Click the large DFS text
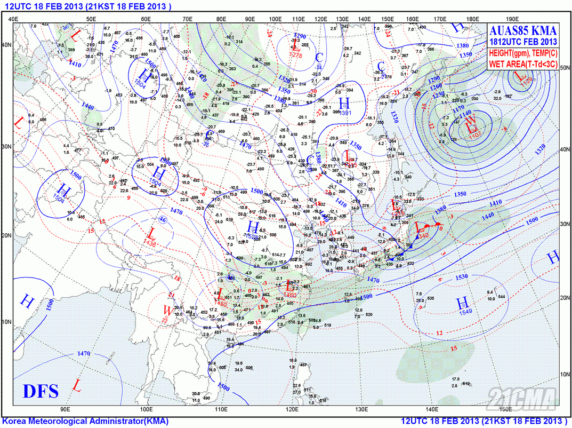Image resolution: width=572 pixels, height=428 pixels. [x=41, y=391]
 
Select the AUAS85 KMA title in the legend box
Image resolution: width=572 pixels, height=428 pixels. [x=523, y=30]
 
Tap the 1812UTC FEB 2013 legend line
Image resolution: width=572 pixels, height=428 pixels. [x=523, y=42]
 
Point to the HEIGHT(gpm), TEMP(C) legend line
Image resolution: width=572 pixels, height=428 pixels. [x=523, y=53]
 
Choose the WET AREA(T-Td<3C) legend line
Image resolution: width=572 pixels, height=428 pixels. [x=523, y=64]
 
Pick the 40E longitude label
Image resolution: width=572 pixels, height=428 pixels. [x=14, y=19]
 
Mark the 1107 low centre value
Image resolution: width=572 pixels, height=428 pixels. [x=475, y=136]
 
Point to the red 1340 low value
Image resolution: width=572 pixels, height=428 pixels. [x=424, y=235]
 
